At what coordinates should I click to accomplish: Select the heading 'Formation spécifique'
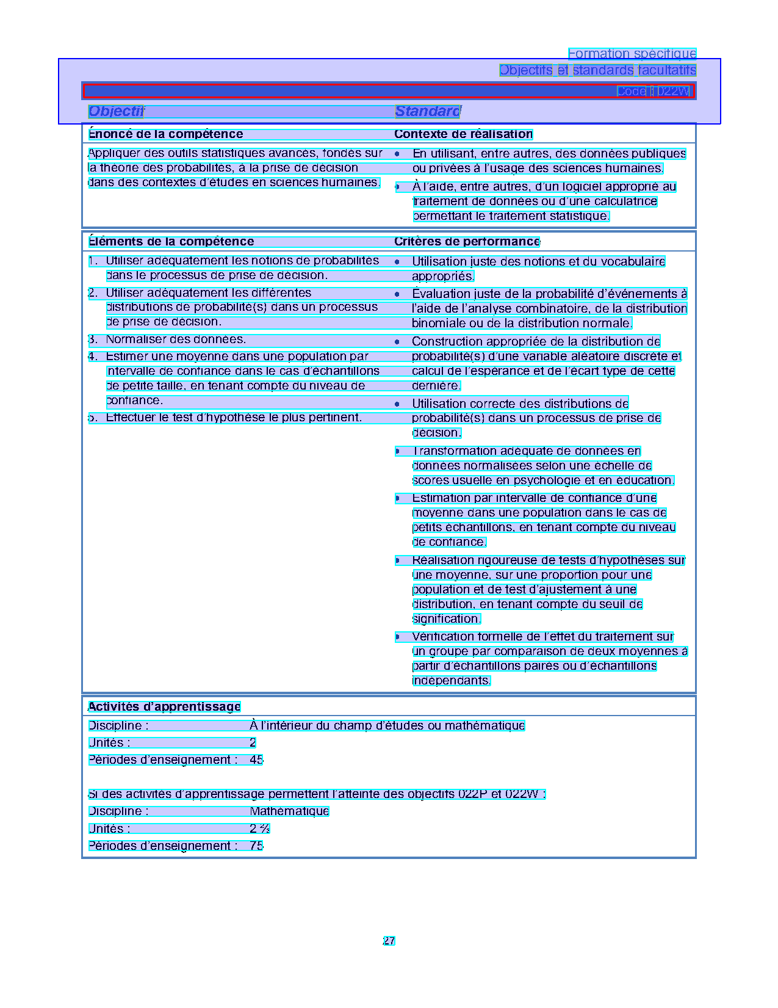[632, 54]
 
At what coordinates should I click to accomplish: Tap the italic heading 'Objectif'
[116, 111]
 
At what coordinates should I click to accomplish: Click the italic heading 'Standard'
[427, 111]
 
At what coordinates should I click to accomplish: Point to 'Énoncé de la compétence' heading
[165, 134]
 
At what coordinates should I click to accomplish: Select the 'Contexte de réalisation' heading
[463, 134]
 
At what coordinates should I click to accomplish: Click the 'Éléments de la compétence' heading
[171, 242]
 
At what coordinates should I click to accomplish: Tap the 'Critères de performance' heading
[467, 242]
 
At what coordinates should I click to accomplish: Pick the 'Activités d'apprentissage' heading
[164, 707]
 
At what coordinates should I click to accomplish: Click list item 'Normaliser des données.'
[176, 339]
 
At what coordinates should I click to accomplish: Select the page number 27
[389, 941]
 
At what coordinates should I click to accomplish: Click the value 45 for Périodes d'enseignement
[256, 760]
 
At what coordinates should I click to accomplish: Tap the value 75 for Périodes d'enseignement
[256, 846]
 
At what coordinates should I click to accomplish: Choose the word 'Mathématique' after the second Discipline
[289, 811]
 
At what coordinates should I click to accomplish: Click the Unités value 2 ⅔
[259, 829]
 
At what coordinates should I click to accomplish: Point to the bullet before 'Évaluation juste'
[397, 294]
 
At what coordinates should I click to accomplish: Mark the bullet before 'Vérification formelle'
[397, 637]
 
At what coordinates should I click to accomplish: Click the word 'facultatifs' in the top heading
[666, 70]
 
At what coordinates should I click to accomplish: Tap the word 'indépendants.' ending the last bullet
[451, 681]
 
